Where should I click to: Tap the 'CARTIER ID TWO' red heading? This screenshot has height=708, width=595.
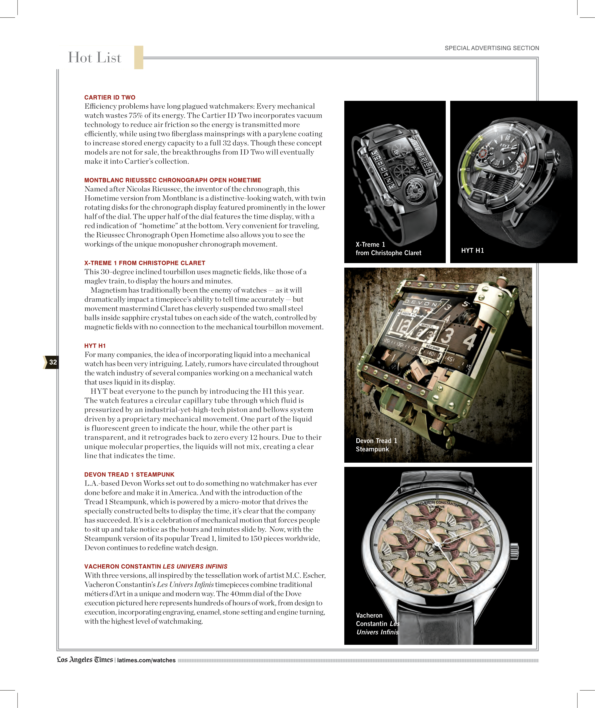coord(110,98)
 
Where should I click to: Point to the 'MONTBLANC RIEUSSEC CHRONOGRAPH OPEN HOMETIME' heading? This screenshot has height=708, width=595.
coord(173,180)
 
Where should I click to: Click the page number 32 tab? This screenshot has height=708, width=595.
coord(52,362)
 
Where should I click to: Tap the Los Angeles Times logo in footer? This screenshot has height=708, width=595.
coord(85,660)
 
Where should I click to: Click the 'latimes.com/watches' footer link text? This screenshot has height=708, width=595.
coord(146,660)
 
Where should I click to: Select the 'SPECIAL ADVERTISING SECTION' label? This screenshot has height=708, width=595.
coord(491,48)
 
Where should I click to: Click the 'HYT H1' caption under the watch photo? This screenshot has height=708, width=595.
coord(472,250)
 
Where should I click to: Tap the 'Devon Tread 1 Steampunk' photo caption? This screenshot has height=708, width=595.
coord(376,445)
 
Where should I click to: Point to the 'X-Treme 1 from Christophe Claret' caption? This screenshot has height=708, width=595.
coord(388,249)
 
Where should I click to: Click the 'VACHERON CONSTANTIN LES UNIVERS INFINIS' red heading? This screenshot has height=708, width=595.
coord(156,566)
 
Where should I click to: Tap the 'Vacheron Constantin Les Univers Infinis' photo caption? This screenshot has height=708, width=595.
coord(377,624)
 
